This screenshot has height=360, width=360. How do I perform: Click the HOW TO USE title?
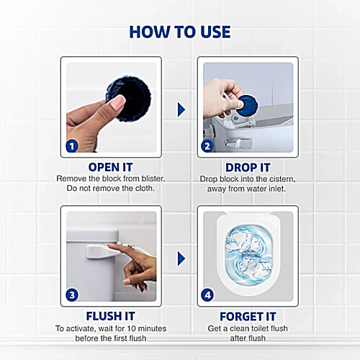click(x=180, y=32)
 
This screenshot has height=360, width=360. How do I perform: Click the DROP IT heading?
click(x=247, y=167)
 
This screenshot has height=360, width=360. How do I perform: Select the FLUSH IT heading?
click(x=110, y=315)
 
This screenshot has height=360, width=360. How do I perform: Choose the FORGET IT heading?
click(x=248, y=315)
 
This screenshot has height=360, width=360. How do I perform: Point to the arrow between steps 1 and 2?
click(x=181, y=109)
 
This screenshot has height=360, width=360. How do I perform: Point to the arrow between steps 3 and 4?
click(x=181, y=258)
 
